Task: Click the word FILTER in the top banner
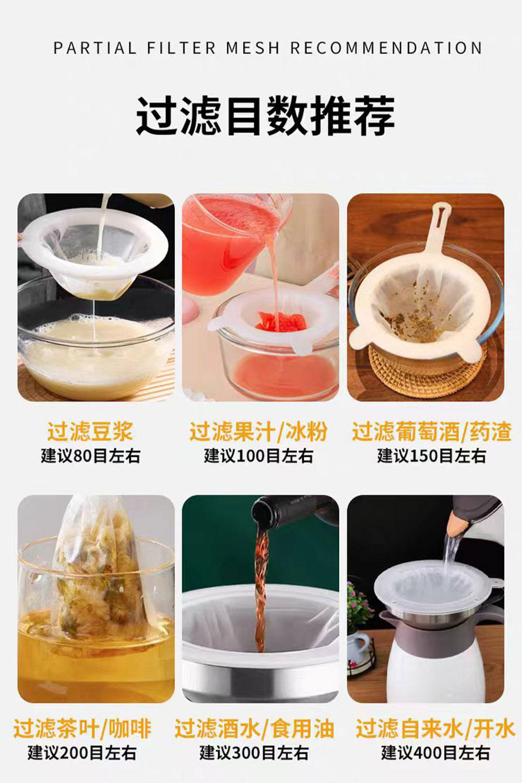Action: [181, 48]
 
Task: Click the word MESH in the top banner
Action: [253, 48]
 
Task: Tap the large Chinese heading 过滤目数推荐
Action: [266, 115]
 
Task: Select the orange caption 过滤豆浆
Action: [90, 432]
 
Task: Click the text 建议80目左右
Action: [90, 456]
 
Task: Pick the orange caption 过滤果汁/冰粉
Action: [258, 432]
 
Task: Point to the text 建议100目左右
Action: [259, 456]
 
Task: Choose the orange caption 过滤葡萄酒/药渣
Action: [432, 432]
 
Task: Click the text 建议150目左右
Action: [432, 456]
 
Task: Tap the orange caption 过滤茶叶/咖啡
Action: [82, 729]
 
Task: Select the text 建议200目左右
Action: [82, 753]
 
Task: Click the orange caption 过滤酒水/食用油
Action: [255, 729]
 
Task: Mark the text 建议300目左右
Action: [254, 753]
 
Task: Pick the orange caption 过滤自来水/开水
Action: [436, 729]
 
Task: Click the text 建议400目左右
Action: [435, 753]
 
